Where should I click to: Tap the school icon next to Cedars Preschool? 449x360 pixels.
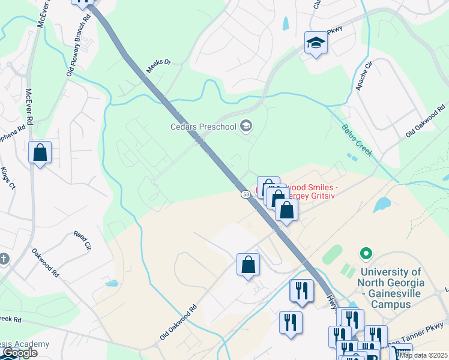click(246, 126)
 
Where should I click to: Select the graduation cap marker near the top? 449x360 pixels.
click(316, 43)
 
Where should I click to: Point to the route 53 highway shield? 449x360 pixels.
click(246, 194)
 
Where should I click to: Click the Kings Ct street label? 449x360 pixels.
click(7, 178)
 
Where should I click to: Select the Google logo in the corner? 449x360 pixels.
click(19, 353)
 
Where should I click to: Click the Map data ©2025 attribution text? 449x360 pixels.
click(423, 355)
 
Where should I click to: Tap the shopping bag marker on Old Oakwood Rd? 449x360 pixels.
click(248, 265)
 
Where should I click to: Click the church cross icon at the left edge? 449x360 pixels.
click(4, 259)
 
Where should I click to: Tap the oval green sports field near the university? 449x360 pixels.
click(332, 254)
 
